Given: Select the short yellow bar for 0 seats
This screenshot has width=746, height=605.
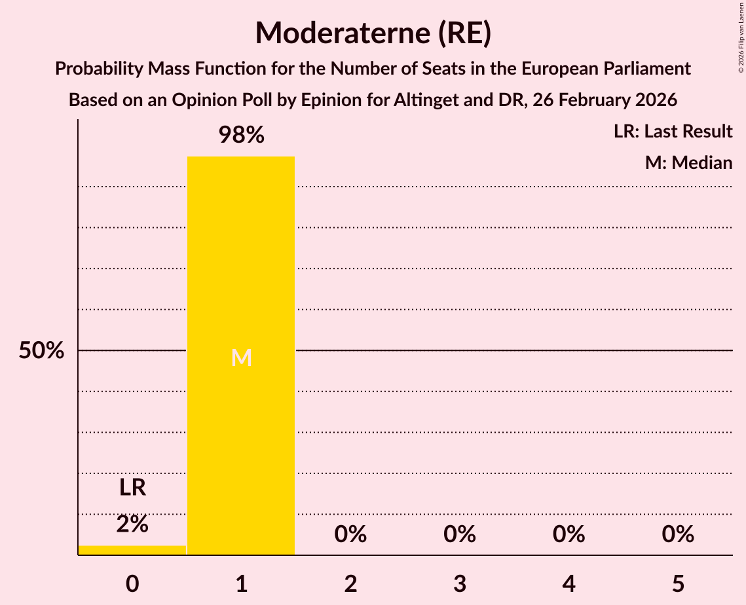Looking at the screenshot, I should [132, 550].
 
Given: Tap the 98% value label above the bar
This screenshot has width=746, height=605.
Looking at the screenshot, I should [241, 136].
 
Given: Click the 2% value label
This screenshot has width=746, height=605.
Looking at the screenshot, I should [132, 524].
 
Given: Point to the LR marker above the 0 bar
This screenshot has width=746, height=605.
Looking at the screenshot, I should [132, 488].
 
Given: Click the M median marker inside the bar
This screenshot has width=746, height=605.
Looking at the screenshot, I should [241, 357].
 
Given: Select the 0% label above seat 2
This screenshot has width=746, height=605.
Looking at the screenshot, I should [350, 534].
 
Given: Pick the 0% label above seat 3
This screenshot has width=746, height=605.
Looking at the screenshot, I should [459, 534].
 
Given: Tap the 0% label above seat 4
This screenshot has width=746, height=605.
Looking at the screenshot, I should [569, 534].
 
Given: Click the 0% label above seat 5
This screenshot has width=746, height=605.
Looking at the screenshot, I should [677, 534].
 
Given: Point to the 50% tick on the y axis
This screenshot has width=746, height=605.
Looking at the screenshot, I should [41, 351].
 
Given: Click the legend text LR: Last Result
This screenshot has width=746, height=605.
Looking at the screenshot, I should [673, 132].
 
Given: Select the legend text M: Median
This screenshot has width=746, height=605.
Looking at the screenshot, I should [688, 162].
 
